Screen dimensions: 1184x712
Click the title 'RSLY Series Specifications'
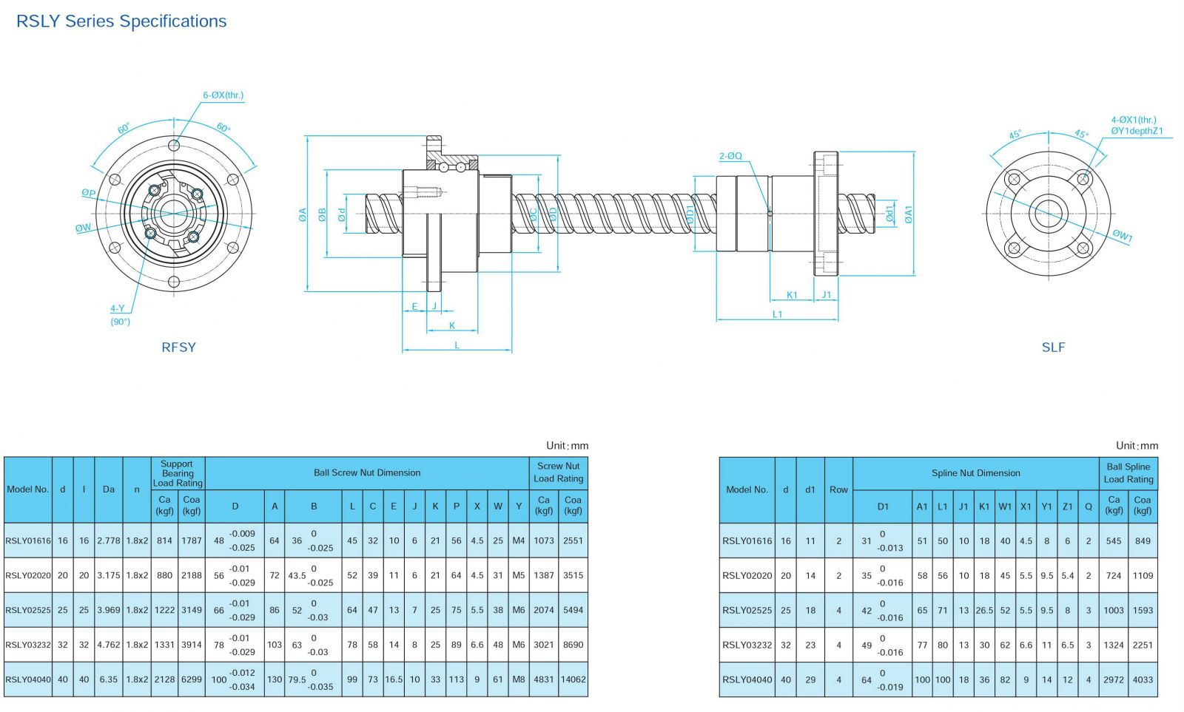point(121,21)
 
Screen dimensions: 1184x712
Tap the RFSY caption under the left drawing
point(178,347)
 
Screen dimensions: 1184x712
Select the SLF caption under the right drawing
point(1053,347)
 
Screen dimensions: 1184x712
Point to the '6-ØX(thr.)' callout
point(223,95)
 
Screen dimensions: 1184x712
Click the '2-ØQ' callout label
point(730,156)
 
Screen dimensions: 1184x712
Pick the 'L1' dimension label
point(777,314)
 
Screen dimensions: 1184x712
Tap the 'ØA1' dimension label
point(908,214)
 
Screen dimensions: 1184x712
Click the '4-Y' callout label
point(118,308)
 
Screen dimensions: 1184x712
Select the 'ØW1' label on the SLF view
point(1122,236)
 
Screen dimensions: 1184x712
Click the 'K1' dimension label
point(791,295)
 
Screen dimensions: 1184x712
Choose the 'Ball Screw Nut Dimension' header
point(367,472)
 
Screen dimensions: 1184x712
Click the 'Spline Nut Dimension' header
point(976,473)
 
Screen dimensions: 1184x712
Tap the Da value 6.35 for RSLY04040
point(108,679)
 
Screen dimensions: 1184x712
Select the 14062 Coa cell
point(573,679)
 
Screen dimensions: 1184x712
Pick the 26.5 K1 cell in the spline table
point(984,610)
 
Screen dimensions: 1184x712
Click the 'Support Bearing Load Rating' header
point(178,473)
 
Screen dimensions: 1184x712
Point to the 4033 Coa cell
point(1143,679)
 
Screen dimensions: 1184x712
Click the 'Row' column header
point(838,489)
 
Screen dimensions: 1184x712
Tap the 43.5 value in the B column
point(297,576)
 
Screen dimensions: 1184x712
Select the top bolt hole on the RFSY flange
point(174,145)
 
